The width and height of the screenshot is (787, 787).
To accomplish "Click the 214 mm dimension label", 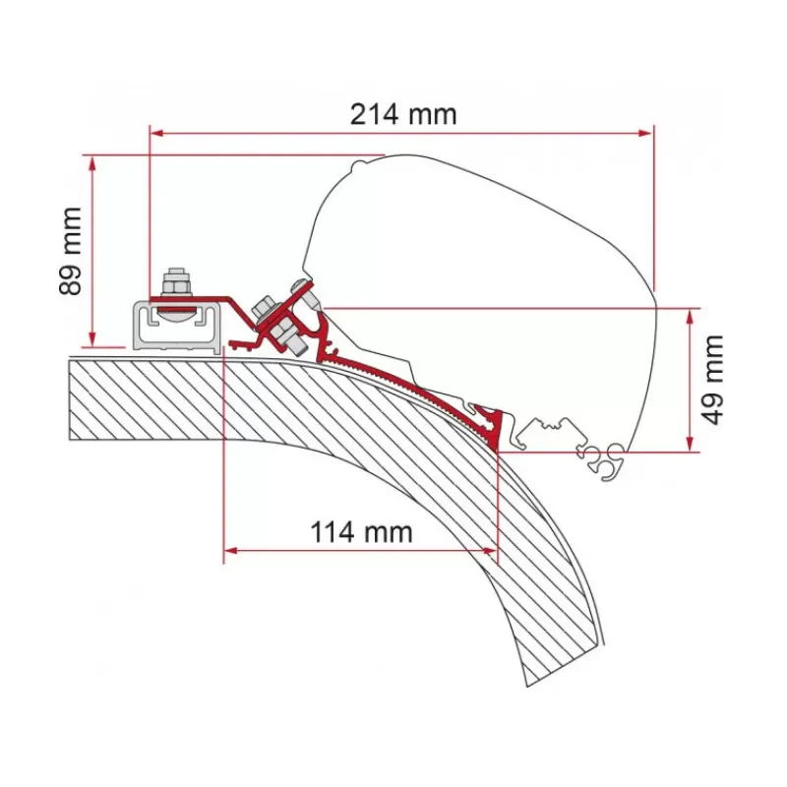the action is point(403,114).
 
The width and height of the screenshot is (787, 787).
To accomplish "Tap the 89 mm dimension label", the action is point(70,251).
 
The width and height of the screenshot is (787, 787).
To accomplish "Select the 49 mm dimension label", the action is point(711,380).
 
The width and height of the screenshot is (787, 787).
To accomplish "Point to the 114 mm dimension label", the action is point(361,532).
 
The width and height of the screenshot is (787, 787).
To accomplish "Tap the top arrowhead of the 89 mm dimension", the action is point(91,162).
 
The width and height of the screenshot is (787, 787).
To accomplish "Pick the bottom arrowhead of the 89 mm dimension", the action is point(91,338).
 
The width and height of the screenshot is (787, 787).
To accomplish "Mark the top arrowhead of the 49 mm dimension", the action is point(691,316).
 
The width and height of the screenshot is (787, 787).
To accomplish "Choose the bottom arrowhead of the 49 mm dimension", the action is point(691,445).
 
